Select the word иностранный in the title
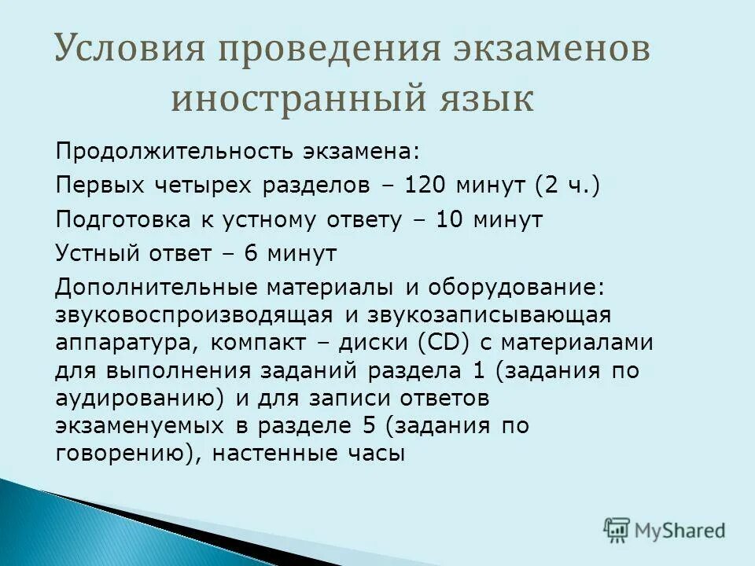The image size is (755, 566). pos(295,100)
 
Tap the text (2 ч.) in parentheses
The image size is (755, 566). pos(567,186)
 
